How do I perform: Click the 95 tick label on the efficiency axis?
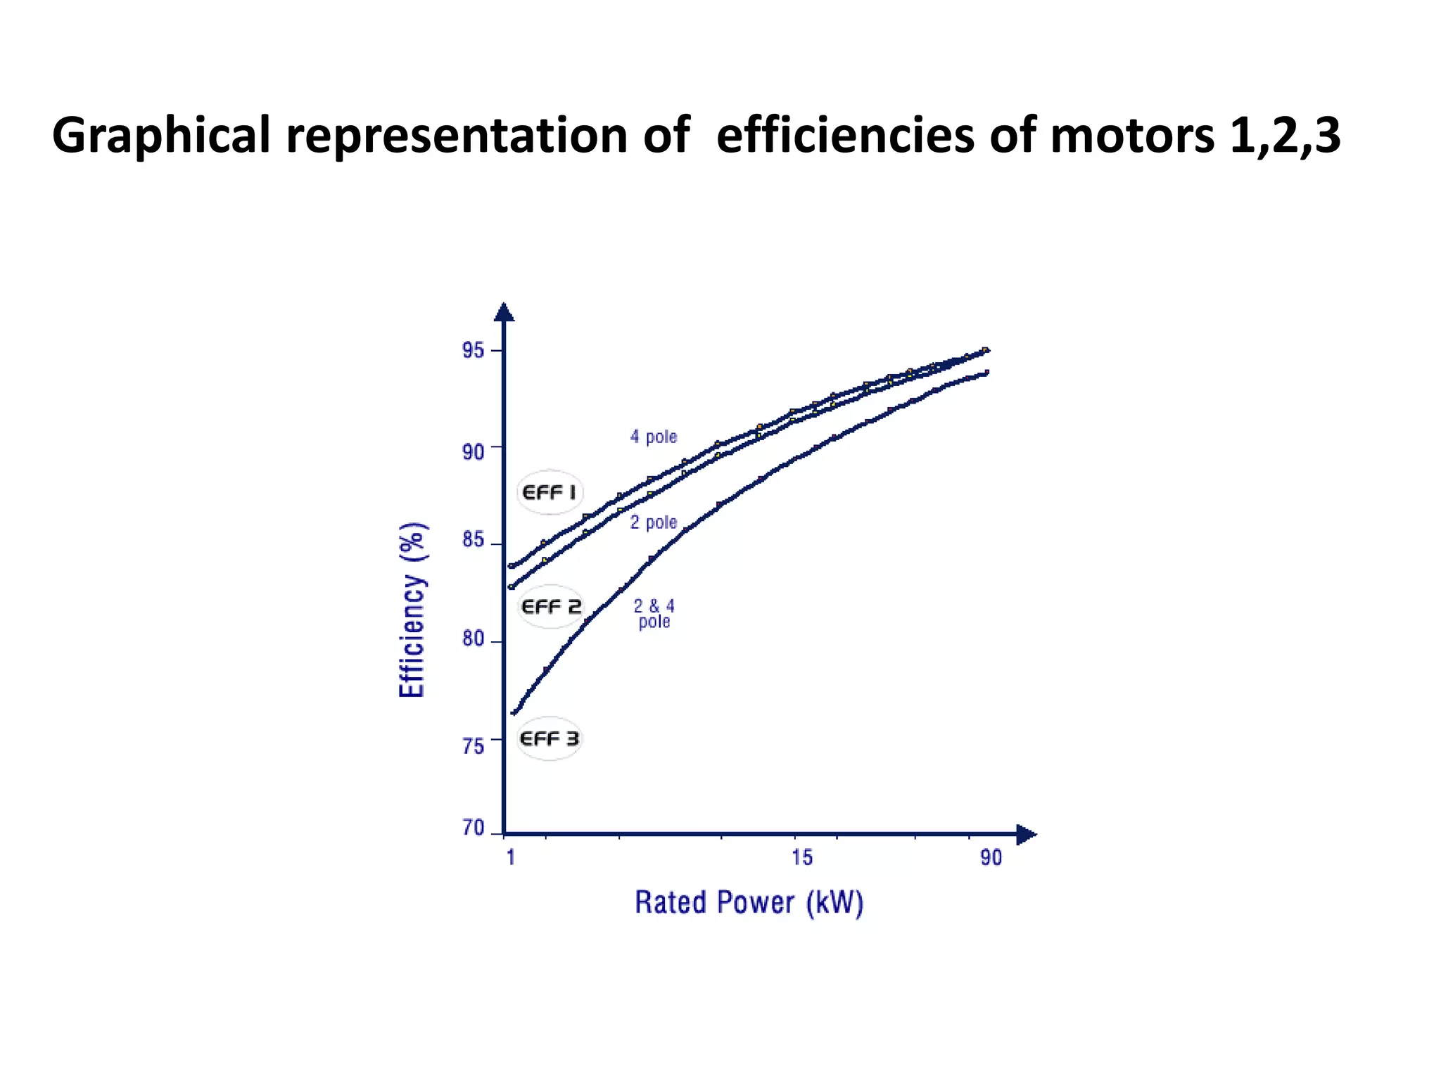tap(473, 350)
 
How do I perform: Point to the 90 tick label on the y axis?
tap(473, 451)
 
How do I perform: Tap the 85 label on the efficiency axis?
tap(473, 541)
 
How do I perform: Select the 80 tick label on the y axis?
tap(473, 639)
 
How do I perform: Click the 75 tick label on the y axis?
tap(473, 746)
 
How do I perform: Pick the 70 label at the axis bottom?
tap(473, 828)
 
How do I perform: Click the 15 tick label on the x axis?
tap(801, 857)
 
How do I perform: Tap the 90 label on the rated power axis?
tap(991, 857)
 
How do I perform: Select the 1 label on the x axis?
tap(511, 857)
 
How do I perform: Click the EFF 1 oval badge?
tap(550, 492)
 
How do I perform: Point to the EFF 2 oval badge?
tap(551, 606)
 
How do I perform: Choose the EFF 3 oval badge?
tap(549, 738)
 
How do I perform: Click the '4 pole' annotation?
tap(653, 437)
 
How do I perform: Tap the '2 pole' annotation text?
tap(653, 522)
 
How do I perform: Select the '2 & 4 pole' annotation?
tap(654, 614)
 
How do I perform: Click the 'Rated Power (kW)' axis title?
tap(749, 903)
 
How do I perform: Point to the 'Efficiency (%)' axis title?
tap(412, 610)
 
